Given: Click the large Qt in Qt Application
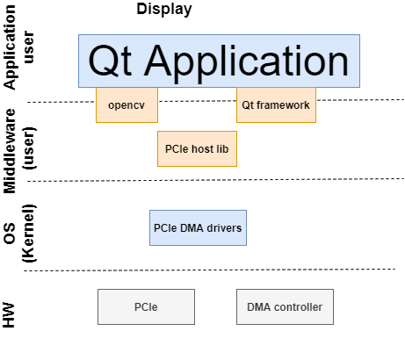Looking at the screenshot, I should pos(112,61).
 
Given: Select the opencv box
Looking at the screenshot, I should pos(127,104).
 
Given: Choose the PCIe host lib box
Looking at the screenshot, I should pos(197,149).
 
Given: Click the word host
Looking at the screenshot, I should pos(202,149).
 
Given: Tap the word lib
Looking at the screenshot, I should pos(222,149).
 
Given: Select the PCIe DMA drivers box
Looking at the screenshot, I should pos(198,227).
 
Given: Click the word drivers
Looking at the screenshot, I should pos(224,227).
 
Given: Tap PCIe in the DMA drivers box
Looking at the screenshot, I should pos(165,227).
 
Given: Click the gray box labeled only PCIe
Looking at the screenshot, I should pos(146,307).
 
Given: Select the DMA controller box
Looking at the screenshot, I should pos(285,307).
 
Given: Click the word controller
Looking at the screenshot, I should pos(298,307).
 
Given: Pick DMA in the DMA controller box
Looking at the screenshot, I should pos(259,307).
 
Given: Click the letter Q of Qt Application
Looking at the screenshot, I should pos(104,61).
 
